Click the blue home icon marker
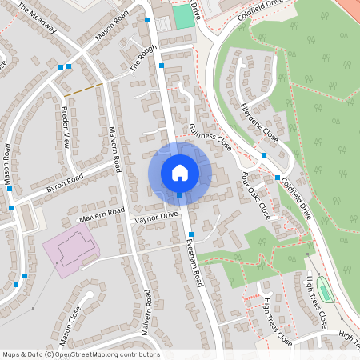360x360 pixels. [180, 172]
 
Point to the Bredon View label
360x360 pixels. [66, 126]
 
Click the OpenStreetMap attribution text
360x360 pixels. [81, 354]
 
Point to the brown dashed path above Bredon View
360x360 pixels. [83, 89]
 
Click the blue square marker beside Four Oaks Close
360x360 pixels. [278, 178]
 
